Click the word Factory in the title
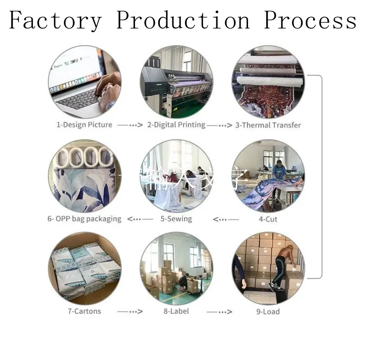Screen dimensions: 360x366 tap(55, 20)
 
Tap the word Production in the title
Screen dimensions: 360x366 tap(183, 20)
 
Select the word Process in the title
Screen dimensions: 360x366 tap(310, 20)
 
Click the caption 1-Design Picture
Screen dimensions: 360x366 tap(84, 125)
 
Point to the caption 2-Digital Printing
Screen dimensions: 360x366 tap(176, 125)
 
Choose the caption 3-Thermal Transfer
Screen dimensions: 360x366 tap(268, 125)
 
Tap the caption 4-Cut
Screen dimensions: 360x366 tap(268, 219)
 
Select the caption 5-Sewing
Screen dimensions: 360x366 tap(176, 219)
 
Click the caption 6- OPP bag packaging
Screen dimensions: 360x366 tap(84, 219)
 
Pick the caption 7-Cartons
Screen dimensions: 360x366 tap(85, 312)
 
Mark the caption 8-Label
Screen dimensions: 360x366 tap(176, 312)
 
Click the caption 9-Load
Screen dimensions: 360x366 tap(268, 312)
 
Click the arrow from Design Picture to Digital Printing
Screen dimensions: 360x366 tap(130, 125)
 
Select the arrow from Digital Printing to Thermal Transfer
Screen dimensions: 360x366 tap(219, 125)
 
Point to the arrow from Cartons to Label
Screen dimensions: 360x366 tap(130, 312)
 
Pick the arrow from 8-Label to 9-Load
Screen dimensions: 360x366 tap(219, 312)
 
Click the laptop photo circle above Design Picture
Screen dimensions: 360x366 tap(85, 81)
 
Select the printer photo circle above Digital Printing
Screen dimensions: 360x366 tap(176, 81)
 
